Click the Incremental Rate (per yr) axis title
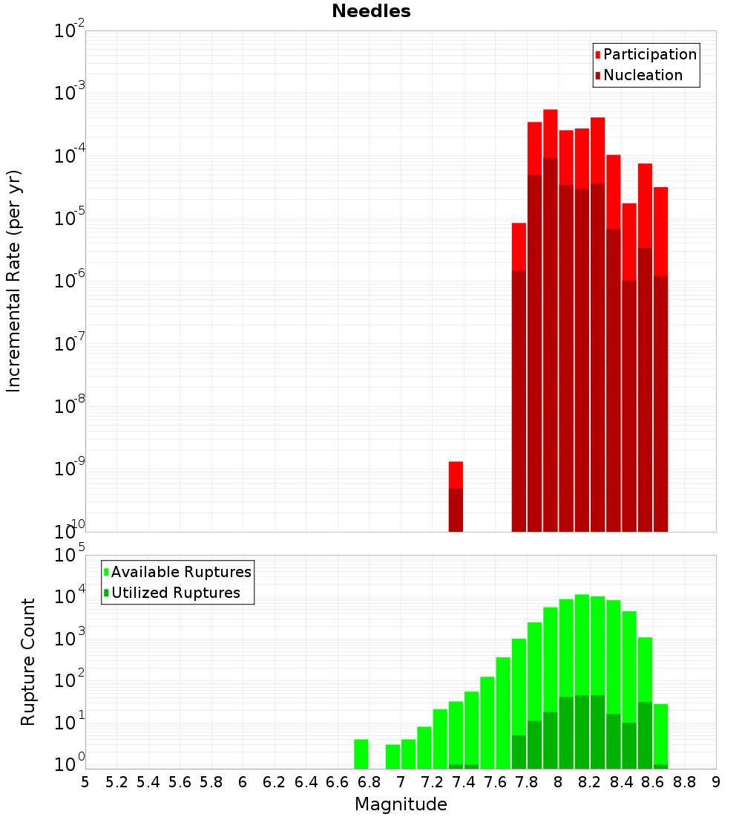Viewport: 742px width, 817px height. tap(14, 281)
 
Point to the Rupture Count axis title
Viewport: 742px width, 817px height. tap(28, 662)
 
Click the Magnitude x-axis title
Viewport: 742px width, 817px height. tap(401, 804)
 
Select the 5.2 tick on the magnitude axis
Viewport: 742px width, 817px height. tap(116, 781)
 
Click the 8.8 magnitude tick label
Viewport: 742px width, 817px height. tap(684, 781)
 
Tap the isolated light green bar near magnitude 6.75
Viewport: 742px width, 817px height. tap(361, 753)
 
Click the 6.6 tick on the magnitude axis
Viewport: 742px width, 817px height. tap(338, 781)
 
